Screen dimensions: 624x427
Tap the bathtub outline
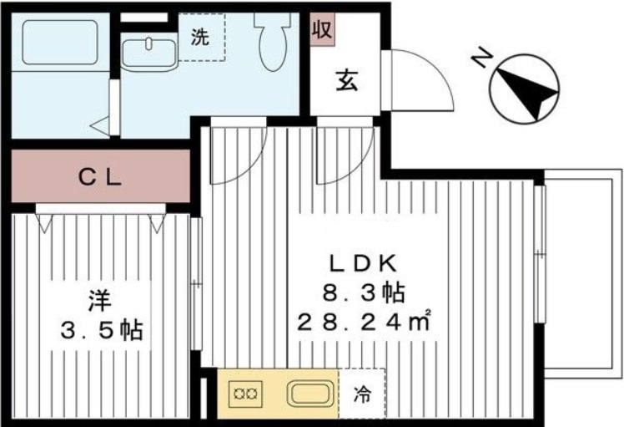point(60,43)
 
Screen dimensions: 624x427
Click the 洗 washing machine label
point(199,37)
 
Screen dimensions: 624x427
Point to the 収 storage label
point(322,28)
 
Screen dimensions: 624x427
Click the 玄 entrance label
point(347,81)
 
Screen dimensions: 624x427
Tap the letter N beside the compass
point(482,58)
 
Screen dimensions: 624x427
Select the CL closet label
point(100,177)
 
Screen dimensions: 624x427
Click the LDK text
point(363,263)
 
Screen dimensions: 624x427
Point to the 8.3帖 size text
point(364,293)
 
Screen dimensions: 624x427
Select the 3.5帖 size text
point(102,330)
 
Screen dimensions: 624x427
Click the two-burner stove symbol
point(245,394)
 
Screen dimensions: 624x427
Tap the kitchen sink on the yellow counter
point(311,394)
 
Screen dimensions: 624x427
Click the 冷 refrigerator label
point(362,394)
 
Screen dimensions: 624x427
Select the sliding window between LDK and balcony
point(540,253)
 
